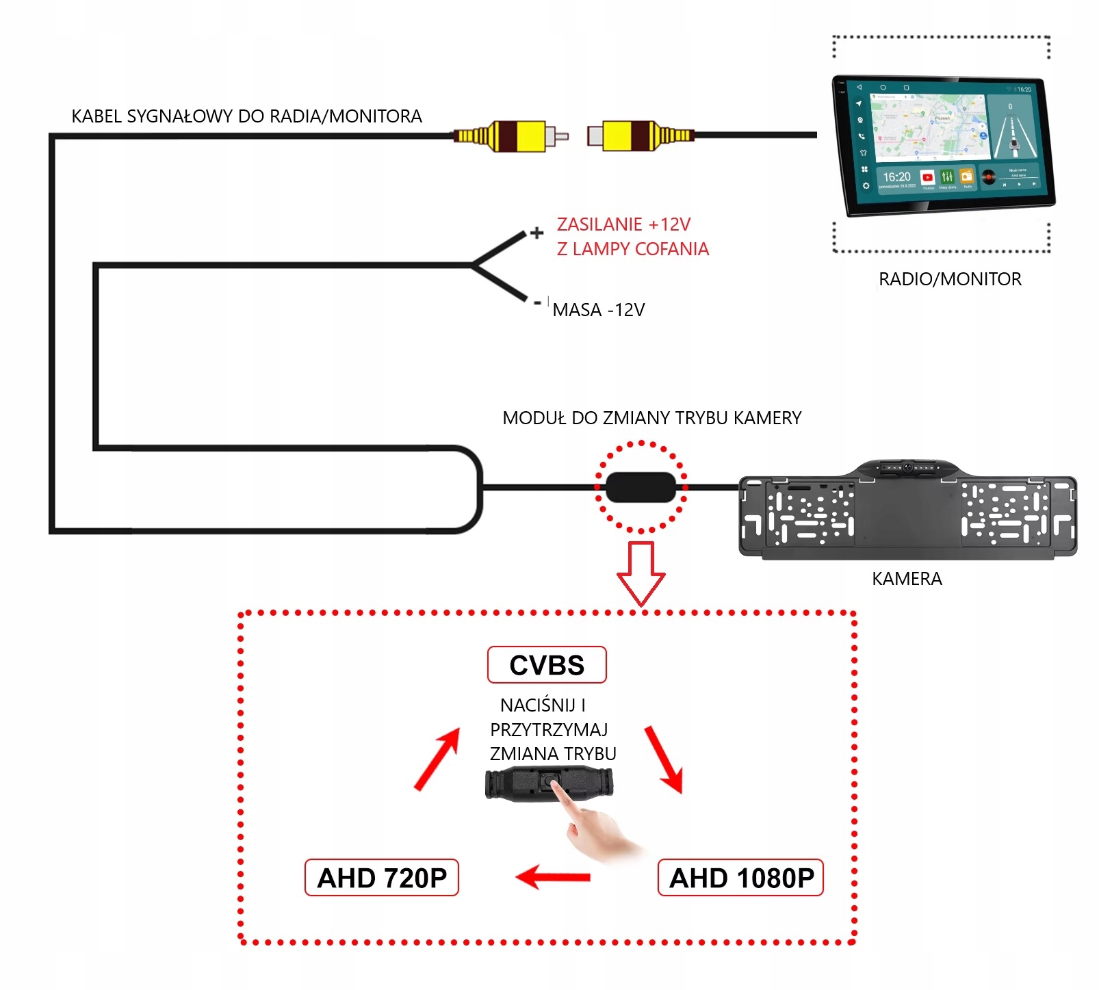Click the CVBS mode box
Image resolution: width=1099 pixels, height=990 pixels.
pos(547,665)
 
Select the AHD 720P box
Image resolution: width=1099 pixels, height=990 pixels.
pos(381,878)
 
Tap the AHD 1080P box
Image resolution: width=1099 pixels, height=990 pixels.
pos(740,878)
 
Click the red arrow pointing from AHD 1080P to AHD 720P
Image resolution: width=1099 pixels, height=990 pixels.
pos(553,876)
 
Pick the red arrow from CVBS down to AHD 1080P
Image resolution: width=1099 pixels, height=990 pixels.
pos(664,759)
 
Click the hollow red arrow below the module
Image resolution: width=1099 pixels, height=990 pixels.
pos(641,572)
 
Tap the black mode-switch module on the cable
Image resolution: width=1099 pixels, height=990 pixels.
pos(641,487)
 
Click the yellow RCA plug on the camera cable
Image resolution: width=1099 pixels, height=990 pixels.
pos(520,135)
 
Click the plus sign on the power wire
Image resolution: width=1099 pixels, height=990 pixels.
pos(537,233)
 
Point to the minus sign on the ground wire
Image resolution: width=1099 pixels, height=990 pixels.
pos(538,302)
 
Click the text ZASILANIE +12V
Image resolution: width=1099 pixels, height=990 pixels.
pos(623,224)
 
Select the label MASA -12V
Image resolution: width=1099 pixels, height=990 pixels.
pos(599,310)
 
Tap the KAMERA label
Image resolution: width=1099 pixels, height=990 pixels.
pos(907,579)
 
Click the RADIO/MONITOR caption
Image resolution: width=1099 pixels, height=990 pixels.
pos(950,279)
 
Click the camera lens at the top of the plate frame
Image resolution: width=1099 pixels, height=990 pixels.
pos(907,468)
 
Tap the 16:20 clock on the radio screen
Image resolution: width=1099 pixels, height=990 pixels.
pos(896,177)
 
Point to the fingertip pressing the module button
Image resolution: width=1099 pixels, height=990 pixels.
pos(554,783)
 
